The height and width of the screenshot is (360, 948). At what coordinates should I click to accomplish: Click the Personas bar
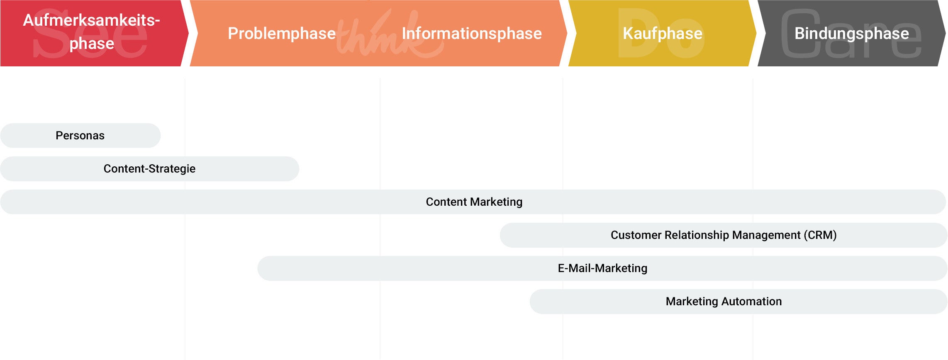click(x=80, y=136)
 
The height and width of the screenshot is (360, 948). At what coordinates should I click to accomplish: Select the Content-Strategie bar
click(x=149, y=169)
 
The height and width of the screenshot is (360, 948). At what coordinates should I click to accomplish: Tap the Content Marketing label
click(x=474, y=202)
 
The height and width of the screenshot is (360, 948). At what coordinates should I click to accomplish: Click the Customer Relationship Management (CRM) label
click(x=724, y=235)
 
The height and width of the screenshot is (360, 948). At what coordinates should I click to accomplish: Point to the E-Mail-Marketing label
click(x=602, y=268)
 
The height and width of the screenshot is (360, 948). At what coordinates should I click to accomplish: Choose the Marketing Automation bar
click(x=738, y=302)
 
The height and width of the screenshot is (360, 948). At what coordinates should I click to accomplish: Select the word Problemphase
click(x=282, y=34)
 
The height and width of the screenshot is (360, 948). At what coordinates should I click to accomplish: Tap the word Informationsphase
click(x=472, y=34)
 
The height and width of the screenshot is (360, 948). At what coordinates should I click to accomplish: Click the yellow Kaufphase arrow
click(x=662, y=33)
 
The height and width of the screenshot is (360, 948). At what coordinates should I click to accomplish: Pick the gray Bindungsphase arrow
click(x=851, y=33)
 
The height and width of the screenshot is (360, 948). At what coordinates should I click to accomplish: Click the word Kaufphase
click(x=663, y=34)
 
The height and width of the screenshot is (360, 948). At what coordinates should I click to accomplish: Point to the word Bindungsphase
click(x=852, y=34)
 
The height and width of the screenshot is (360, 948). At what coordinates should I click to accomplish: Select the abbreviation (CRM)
click(x=820, y=235)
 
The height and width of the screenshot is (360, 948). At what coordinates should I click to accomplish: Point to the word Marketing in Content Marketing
click(x=497, y=202)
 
